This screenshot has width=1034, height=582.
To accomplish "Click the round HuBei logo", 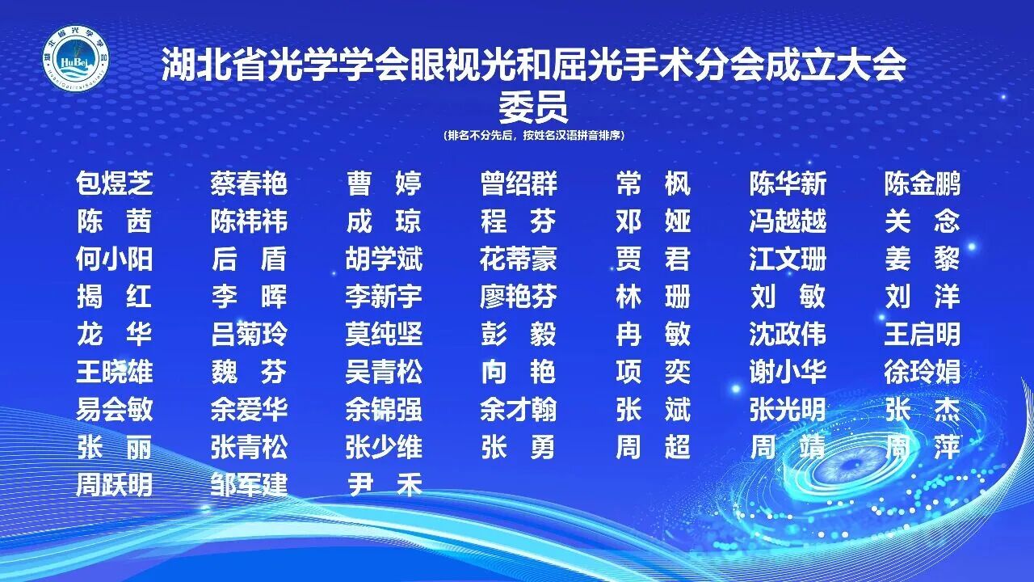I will pyautogui.click(x=75, y=58).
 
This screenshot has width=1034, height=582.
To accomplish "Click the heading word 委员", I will pyautogui.click(x=533, y=107).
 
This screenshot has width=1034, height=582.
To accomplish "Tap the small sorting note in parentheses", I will pyautogui.click(x=533, y=136).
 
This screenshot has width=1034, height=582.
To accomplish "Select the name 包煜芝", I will pyautogui.click(x=114, y=183).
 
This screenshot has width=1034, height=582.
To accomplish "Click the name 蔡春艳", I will pyautogui.click(x=249, y=183).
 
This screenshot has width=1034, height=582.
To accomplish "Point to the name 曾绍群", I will pyautogui.click(x=519, y=183).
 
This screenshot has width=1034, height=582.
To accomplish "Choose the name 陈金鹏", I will pyautogui.click(x=922, y=183).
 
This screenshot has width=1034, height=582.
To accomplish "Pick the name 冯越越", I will pyautogui.click(x=788, y=221).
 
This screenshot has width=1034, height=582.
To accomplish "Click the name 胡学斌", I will pyautogui.click(x=384, y=259).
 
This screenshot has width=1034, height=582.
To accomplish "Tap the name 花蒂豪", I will pyautogui.click(x=519, y=259).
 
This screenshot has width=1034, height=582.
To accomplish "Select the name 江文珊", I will pyautogui.click(x=788, y=259).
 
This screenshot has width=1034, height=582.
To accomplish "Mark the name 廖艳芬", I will pyautogui.click(x=519, y=297).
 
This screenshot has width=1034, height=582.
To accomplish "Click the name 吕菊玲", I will pyautogui.click(x=249, y=334).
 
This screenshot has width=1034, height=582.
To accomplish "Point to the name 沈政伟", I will pyautogui.click(x=788, y=334).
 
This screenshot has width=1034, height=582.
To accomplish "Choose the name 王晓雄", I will pyautogui.click(x=114, y=372).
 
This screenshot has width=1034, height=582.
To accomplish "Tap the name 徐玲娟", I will pyautogui.click(x=922, y=372).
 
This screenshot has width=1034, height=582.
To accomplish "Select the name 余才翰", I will pyautogui.click(x=519, y=409).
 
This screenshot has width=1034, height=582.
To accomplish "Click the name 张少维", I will pyautogui.click(x=384, y=447).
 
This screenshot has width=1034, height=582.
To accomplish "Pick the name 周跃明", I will pyautogui.click(x=114, y=484).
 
